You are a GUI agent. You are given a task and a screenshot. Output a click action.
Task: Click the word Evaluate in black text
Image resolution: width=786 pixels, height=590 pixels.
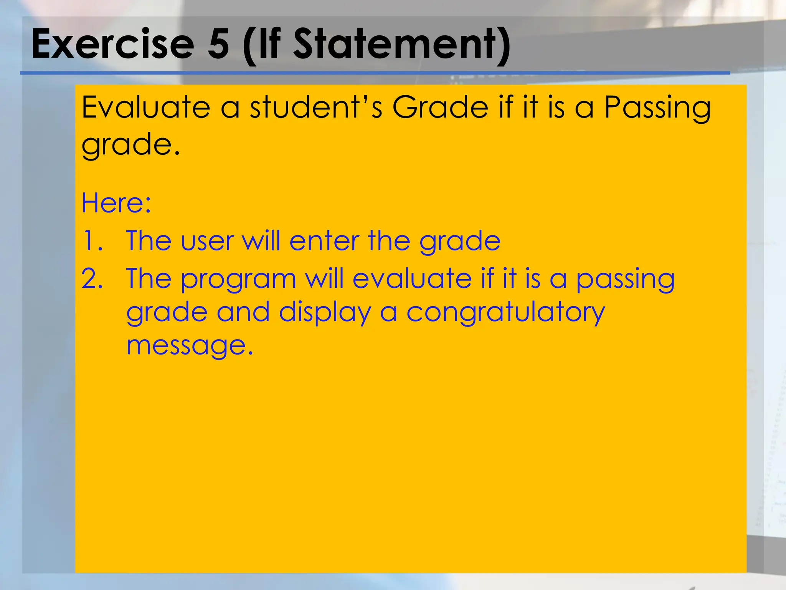(x=146, y=107)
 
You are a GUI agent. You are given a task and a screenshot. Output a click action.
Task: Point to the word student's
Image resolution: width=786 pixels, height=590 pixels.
(x=316, y=107)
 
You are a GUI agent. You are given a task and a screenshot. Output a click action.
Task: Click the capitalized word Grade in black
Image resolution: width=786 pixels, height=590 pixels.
(x=440, y=107)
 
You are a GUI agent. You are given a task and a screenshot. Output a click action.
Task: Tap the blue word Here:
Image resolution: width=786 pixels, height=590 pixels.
(x=116, y=202)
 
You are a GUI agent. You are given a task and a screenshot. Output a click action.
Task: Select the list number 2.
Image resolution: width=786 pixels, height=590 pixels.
(x=92, y=278)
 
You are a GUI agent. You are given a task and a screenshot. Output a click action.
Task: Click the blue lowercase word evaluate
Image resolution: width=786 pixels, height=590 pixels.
(x=412, y=278)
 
